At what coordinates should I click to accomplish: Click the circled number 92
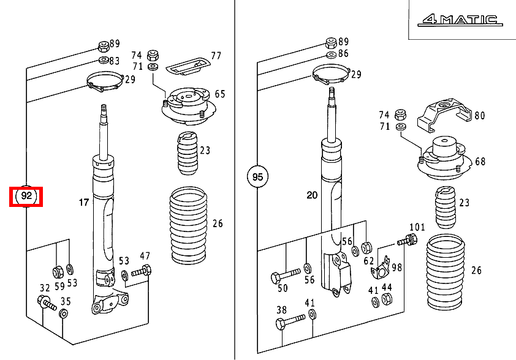(x=26, y=197)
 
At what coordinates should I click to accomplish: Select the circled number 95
(x=257, y=176)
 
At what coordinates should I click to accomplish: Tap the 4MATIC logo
(x=460, y=20)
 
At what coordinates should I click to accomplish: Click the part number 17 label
(x=84, y=202)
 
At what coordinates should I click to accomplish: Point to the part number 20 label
(x=312, y=195)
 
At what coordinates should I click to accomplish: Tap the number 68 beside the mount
(x=480, y=162)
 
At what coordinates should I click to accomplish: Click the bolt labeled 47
(x=142, y=272)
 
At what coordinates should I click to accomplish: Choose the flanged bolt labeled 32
(x=47, y=303)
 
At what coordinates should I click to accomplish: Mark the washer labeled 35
(x=63, y=313)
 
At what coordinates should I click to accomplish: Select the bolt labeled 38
(x=290, y=322)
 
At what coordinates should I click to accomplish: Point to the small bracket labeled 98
(x=382, y=268)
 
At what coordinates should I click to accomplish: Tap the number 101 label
(x=417, y=227)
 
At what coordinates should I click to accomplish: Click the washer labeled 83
(x=104, y=60)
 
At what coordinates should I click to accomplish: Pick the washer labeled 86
(x=332, y=54)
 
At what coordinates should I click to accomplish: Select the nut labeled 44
(x=387, y=299)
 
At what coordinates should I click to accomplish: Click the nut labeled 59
(x=59, y=271)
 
